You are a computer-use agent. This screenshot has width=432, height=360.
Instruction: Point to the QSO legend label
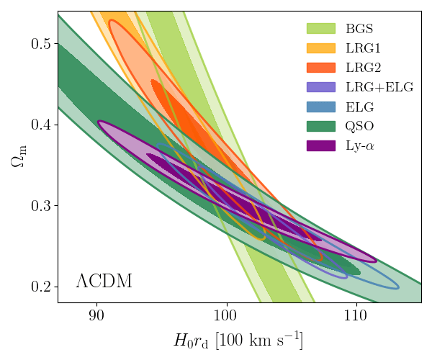pyautogui.click(x=359, y=126)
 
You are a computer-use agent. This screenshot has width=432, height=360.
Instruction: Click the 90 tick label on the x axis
pyautogui.click(x=96, y=315)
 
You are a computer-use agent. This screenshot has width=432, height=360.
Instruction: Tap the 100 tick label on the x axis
pyautogui.click(x=226, y=315)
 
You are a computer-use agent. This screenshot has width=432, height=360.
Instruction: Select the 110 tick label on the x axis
pyautogui.click(x=356, y=315)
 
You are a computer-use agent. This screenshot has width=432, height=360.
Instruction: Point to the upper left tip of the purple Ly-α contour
pyautogui.click(x=99, y=122)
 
